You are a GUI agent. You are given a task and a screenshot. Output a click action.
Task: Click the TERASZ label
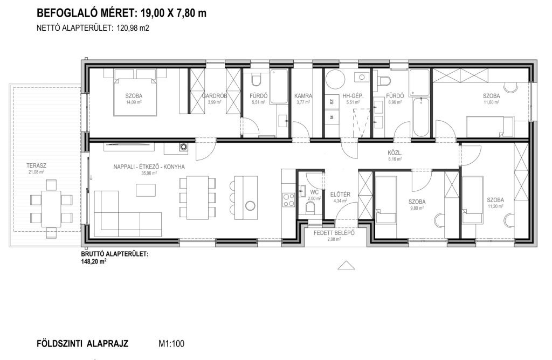coord(36,165)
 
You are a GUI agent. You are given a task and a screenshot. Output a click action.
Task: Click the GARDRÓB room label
coord(215,96)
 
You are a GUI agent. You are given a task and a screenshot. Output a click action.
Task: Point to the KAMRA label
coord(303,96)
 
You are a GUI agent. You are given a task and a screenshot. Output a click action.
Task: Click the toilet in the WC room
coord(310,209)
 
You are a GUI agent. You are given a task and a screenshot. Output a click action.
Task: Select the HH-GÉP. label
coord(353,96)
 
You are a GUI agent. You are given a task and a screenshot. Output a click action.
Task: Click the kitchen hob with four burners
coord(289,200)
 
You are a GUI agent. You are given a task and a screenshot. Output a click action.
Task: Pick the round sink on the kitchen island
coord(250,205)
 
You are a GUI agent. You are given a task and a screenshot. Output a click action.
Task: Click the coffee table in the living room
coord(146,190)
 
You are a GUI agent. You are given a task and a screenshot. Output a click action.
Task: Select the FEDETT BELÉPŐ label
coord(334,233)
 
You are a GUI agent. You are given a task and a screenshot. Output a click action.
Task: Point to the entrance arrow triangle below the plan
coord(346,265)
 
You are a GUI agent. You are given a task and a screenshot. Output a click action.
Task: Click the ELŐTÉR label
coord(340,194)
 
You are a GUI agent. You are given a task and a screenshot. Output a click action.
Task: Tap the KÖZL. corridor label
coord(395,153)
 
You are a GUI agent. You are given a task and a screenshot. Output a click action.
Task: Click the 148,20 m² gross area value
coord(94,261)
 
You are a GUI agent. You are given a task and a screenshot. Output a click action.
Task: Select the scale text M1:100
coord(171,343)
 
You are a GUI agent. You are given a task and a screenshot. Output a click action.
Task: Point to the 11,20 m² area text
coord(495,206)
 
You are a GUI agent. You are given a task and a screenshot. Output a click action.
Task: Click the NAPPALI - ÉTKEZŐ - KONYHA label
coord(149,167)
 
